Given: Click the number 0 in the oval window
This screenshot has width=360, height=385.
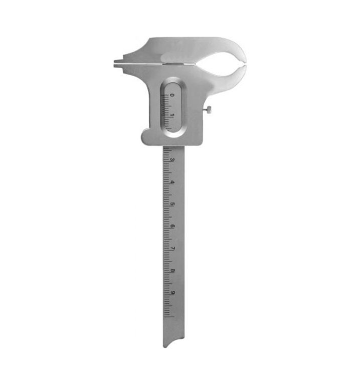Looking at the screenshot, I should pos(172,95).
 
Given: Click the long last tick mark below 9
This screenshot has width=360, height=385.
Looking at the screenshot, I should pos(168,316).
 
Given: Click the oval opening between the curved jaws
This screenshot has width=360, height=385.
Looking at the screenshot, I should pos(221,63).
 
